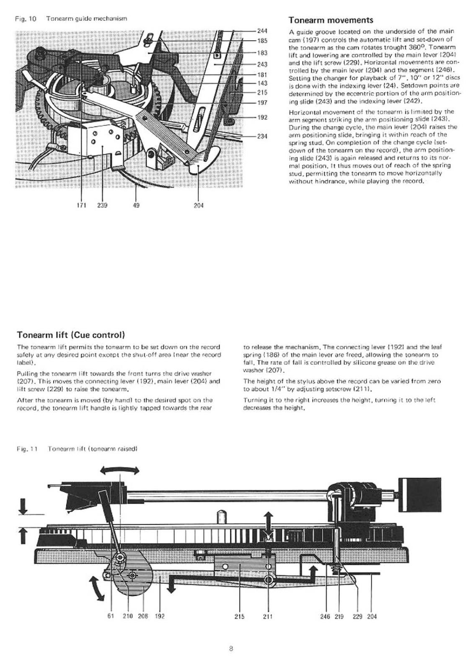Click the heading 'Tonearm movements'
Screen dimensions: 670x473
coord(331,21)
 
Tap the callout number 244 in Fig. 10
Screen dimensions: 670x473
coord(262,31)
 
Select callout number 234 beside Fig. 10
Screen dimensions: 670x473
coord(262,136)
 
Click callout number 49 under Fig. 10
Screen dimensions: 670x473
coord(136,205)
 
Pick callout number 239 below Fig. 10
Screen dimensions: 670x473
coord(102,205)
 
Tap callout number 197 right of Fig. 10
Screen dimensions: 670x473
coord(262,102)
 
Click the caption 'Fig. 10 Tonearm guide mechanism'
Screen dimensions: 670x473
coord(71,19)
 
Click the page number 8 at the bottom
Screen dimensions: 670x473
coord(231,649)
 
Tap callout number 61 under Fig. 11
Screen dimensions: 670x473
coord(111,616)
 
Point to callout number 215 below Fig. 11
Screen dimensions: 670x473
coord(239,616)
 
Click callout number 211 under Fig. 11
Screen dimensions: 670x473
coord(268,616)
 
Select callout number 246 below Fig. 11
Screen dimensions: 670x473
coord(325,616)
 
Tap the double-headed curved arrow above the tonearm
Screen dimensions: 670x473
coord(120,471)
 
